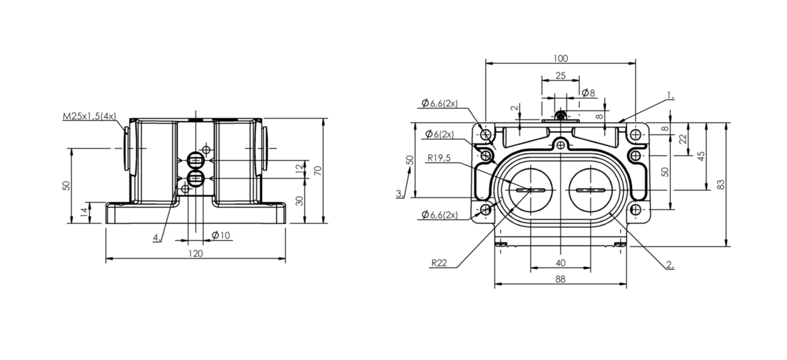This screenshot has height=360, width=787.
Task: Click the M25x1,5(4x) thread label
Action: coord(89,116)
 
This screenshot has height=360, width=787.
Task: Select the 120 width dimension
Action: coord(196,253)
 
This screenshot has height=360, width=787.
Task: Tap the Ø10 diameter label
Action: coord(221,235)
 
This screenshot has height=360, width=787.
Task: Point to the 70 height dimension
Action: coord(318,171)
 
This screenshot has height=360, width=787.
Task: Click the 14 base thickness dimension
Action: coord(84,212)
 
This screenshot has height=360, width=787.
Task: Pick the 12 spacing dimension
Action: coord(299,169)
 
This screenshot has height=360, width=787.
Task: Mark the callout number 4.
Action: coord(157,238)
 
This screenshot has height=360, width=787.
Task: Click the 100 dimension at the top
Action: coord(561,58)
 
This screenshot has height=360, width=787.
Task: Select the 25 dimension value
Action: coord(561,75)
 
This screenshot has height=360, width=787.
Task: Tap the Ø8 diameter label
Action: coord(589,93)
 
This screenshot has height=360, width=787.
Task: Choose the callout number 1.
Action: coord(671,95)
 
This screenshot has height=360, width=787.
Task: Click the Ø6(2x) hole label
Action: coord(440,134)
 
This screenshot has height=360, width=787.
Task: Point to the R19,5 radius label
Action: coord(439,158)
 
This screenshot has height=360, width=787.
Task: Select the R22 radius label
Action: coord(439,263)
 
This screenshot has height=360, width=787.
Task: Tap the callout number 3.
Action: coord(400,193)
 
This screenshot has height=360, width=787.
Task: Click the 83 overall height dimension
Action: coord(721,185)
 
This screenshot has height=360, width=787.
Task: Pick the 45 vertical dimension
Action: coord(700,156)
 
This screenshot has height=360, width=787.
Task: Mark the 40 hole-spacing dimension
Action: coord(561,263)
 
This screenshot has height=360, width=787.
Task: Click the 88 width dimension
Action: coord(561,279)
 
